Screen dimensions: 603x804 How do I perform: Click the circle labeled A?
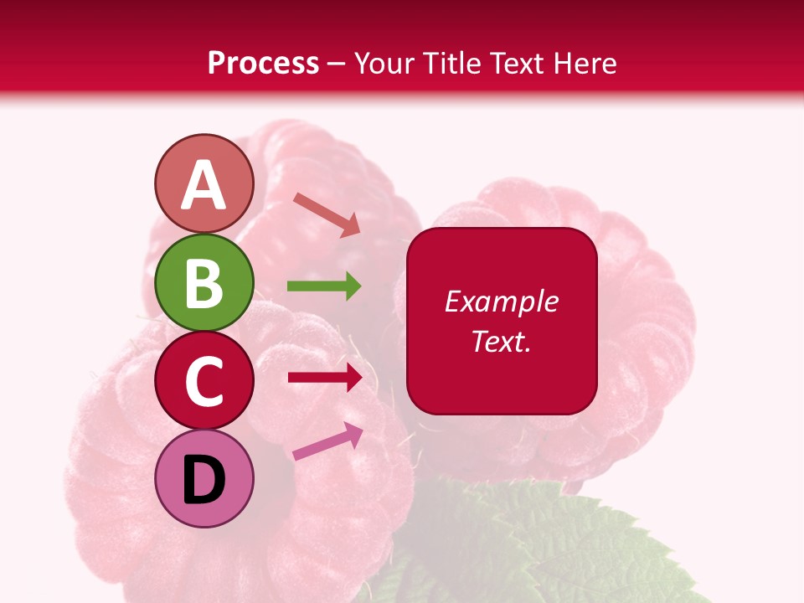click(x=204, y=183)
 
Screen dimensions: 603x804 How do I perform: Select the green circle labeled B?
click(x=204, y=282)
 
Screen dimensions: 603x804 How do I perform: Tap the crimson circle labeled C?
click(x=204, y=380)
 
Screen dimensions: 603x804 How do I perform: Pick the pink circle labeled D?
click(x=204, y=478)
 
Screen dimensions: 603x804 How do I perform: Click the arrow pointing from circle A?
click(x=327, y=214)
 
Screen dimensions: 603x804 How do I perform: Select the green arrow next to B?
click(x=324, y=286)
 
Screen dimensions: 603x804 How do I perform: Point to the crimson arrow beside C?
click(x=324, y=378)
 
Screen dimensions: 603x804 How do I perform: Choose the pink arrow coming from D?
click(x=327, y=441)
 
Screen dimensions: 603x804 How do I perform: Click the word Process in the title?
click(x=263, y=63)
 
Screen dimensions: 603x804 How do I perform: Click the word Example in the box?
click(x=501, y=301)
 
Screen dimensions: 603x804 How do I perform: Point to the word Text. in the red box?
click(x=501, y=341)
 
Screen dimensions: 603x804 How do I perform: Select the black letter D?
click(x=204, y=481)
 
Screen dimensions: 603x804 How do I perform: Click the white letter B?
click(x=204, y=284)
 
